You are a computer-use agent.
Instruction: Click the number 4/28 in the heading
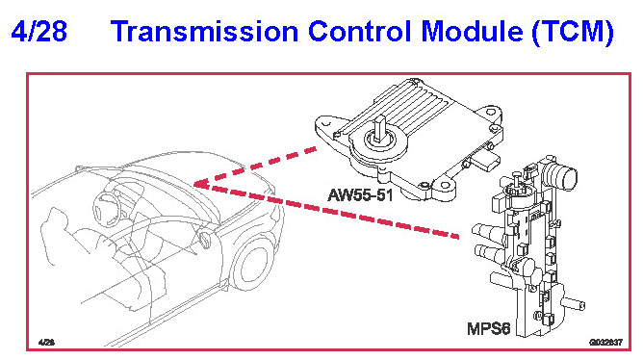39,32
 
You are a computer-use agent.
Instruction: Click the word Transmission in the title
204,32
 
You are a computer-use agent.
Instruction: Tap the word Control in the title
359,32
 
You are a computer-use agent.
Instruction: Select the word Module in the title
472,32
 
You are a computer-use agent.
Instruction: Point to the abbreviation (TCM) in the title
573,33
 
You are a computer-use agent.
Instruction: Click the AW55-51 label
360,194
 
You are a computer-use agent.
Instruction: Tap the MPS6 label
488,328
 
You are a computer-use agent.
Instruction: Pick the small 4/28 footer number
46,342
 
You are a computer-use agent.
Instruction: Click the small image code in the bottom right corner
605,342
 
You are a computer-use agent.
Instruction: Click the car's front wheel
252,263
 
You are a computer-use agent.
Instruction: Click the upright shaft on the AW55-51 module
380,128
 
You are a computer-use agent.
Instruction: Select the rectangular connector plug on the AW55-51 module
487,161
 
